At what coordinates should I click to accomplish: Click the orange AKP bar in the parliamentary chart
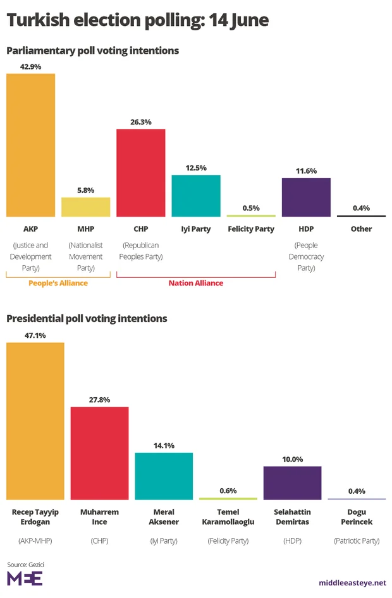point(30,145)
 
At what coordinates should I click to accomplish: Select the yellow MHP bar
point(85,207)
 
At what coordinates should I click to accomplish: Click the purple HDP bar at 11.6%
point(306,197)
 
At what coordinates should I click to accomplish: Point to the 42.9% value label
point(30,66)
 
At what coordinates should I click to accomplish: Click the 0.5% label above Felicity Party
point(251,208)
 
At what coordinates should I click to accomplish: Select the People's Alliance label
point(58,284)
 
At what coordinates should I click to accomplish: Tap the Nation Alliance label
point(196,284)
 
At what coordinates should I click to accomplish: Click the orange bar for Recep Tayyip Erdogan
point(35,421)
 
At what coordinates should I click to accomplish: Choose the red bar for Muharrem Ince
point(99,453)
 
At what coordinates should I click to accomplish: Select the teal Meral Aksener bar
point(164,475)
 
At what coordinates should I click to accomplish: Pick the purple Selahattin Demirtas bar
point(292,482)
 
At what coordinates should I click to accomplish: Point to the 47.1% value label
point(35,335)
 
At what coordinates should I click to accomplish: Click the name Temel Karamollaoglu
point(228,517)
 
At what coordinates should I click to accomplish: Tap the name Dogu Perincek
point(357,517)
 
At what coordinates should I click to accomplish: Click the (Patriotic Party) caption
point(357,541)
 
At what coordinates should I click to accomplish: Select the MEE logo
point(25,578)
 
